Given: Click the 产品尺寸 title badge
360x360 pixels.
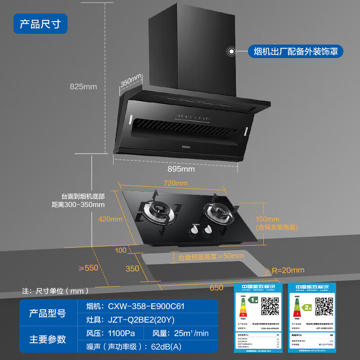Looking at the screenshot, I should (40, 22).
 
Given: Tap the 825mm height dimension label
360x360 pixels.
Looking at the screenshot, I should (83, 86).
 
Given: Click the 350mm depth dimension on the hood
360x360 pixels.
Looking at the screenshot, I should (131, 81).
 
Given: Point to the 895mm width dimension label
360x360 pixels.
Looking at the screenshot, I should (182, 169).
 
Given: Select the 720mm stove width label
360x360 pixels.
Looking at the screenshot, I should (175, 183).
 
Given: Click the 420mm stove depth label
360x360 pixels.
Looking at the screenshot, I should (110, 219).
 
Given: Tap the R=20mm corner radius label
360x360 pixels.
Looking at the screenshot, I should (288, 270).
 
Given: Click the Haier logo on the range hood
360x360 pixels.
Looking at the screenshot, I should (186, 146).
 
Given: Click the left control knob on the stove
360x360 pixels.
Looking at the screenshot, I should (194, 230).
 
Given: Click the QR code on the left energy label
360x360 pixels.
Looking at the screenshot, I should (269, 307).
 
